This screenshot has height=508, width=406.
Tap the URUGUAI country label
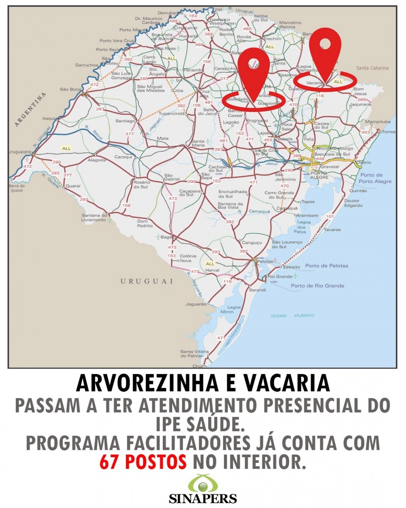(147, 281)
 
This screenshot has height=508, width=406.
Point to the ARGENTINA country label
(30, 110)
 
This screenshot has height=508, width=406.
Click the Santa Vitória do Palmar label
(192, 354)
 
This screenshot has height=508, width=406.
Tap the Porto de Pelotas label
(326, 266)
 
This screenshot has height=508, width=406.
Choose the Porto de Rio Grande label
(317, 286)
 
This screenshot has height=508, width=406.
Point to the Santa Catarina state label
(372, 68)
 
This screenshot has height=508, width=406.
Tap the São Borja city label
(70, 89)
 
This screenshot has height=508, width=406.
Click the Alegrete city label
(97, 160)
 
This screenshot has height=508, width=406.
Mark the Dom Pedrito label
(145, 224)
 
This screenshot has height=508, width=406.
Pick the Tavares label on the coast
(332, 230)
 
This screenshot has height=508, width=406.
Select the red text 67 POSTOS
(143, 462)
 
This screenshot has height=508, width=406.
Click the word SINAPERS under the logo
(203, 499)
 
